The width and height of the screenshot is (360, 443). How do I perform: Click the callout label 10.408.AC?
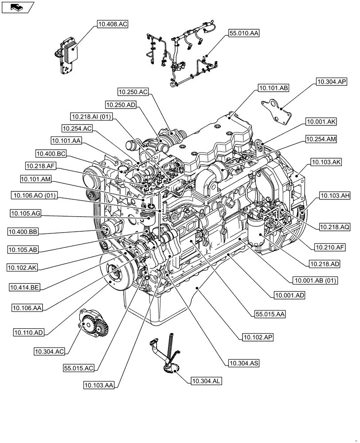tap(111, 25)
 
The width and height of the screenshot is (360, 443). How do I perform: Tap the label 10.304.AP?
tap(331, 82)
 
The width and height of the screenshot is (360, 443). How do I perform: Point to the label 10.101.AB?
tap(273, 88)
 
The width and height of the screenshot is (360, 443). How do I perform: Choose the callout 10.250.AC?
tap(133, 92)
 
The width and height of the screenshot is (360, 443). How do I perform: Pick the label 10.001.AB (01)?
tap(315, 280)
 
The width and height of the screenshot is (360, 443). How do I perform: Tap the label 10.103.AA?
tap(98, 385)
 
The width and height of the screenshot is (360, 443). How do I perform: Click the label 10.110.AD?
tap(28, 332)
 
